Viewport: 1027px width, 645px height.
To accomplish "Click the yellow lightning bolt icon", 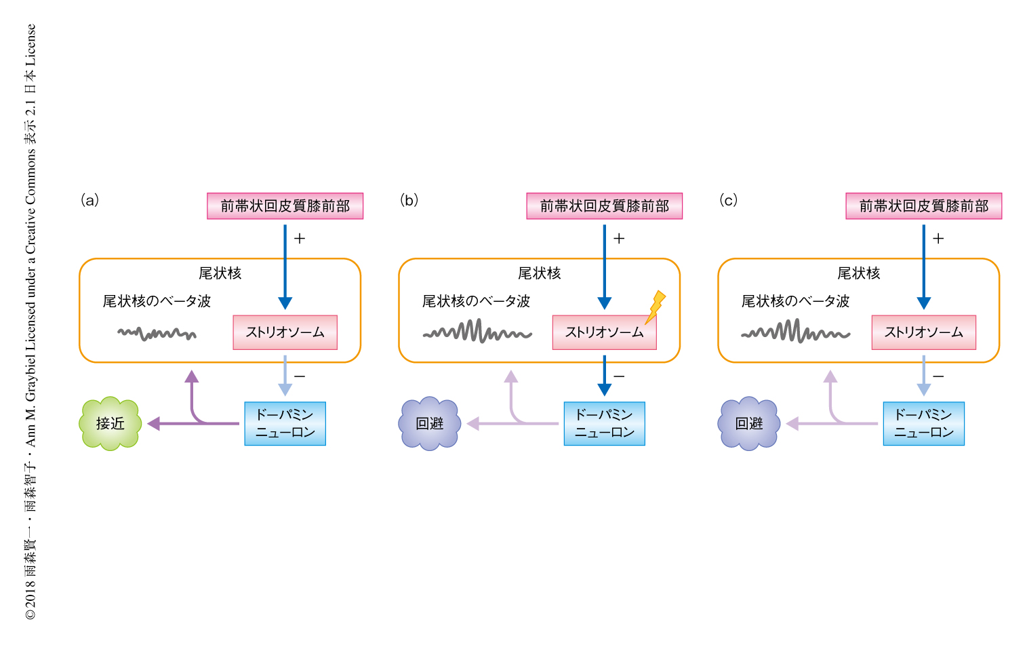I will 655,307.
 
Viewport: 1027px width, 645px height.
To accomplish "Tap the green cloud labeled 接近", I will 110,423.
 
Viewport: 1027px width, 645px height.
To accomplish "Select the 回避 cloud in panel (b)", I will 430,423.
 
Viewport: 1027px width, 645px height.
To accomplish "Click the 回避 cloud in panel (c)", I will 749,423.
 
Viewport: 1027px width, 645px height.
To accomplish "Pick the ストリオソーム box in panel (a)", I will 285,332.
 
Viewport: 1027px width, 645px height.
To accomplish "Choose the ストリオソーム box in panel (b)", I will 604,332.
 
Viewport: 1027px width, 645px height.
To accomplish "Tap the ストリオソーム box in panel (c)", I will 923,332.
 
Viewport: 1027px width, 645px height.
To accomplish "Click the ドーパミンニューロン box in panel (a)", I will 285,424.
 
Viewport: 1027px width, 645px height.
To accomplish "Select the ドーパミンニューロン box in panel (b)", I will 604,424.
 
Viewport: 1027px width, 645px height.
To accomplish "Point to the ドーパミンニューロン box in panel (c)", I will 923,424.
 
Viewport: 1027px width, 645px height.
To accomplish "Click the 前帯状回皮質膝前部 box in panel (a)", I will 285,206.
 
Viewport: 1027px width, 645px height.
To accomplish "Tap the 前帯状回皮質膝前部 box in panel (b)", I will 604,206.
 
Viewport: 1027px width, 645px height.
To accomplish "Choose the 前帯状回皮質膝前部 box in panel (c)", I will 923,206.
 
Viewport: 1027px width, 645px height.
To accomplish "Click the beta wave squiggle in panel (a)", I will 157,333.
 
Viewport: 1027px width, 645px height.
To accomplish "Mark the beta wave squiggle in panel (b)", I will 477,332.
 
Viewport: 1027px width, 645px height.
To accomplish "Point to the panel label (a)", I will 90,200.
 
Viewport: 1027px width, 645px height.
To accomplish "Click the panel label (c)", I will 729,200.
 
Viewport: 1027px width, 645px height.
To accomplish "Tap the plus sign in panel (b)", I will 619,238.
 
